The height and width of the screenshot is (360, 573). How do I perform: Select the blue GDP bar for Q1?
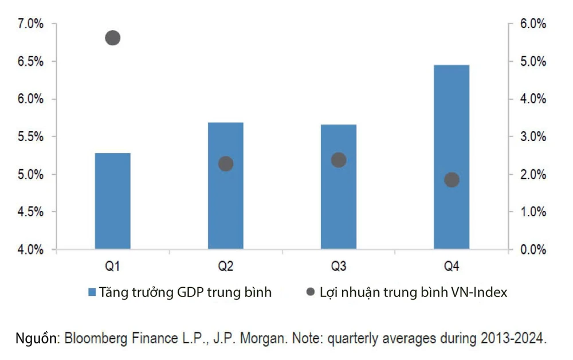[112, 201]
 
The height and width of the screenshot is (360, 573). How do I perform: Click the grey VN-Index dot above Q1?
[112, 38]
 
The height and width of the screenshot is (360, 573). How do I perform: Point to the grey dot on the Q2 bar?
[226, 164]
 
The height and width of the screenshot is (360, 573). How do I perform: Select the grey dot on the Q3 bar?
[339, 160]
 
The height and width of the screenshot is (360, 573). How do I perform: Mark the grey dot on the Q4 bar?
[452, 179]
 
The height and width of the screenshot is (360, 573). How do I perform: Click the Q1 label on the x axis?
[112, 267]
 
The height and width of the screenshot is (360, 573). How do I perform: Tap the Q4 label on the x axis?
[452, 267]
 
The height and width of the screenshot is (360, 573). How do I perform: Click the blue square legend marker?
[92, 292]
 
